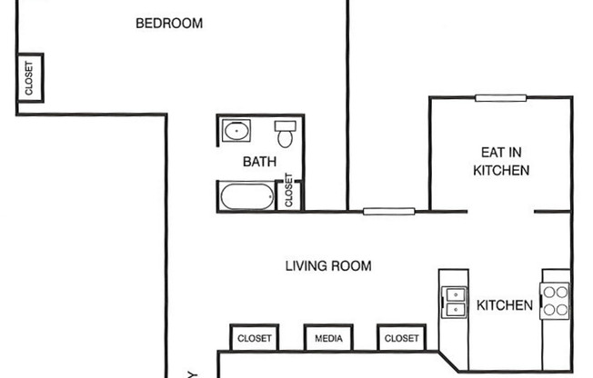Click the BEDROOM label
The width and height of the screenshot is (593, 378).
point(168,24)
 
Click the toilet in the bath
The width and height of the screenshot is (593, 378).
point(285,134)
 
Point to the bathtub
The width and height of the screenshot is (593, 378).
point(246,195)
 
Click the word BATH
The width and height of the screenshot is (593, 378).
point(259,162)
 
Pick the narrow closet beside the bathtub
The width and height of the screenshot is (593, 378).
point(291,192)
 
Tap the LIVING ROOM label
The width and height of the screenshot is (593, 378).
point(328,266)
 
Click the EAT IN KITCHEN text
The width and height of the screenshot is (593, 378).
point(501,161)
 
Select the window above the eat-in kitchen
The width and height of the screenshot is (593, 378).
point(500,98)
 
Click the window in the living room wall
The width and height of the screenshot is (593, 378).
point(388,212)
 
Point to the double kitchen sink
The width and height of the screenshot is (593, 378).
point(453,300)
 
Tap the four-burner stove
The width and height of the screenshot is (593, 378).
point(555,300)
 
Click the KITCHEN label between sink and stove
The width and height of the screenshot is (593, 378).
point(505,305)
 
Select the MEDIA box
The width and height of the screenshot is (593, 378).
point(328,339)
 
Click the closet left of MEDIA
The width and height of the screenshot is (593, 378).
point(254,339)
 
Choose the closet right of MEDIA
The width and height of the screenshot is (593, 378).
point(401,339)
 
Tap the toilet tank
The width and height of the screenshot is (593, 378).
point(285,124)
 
